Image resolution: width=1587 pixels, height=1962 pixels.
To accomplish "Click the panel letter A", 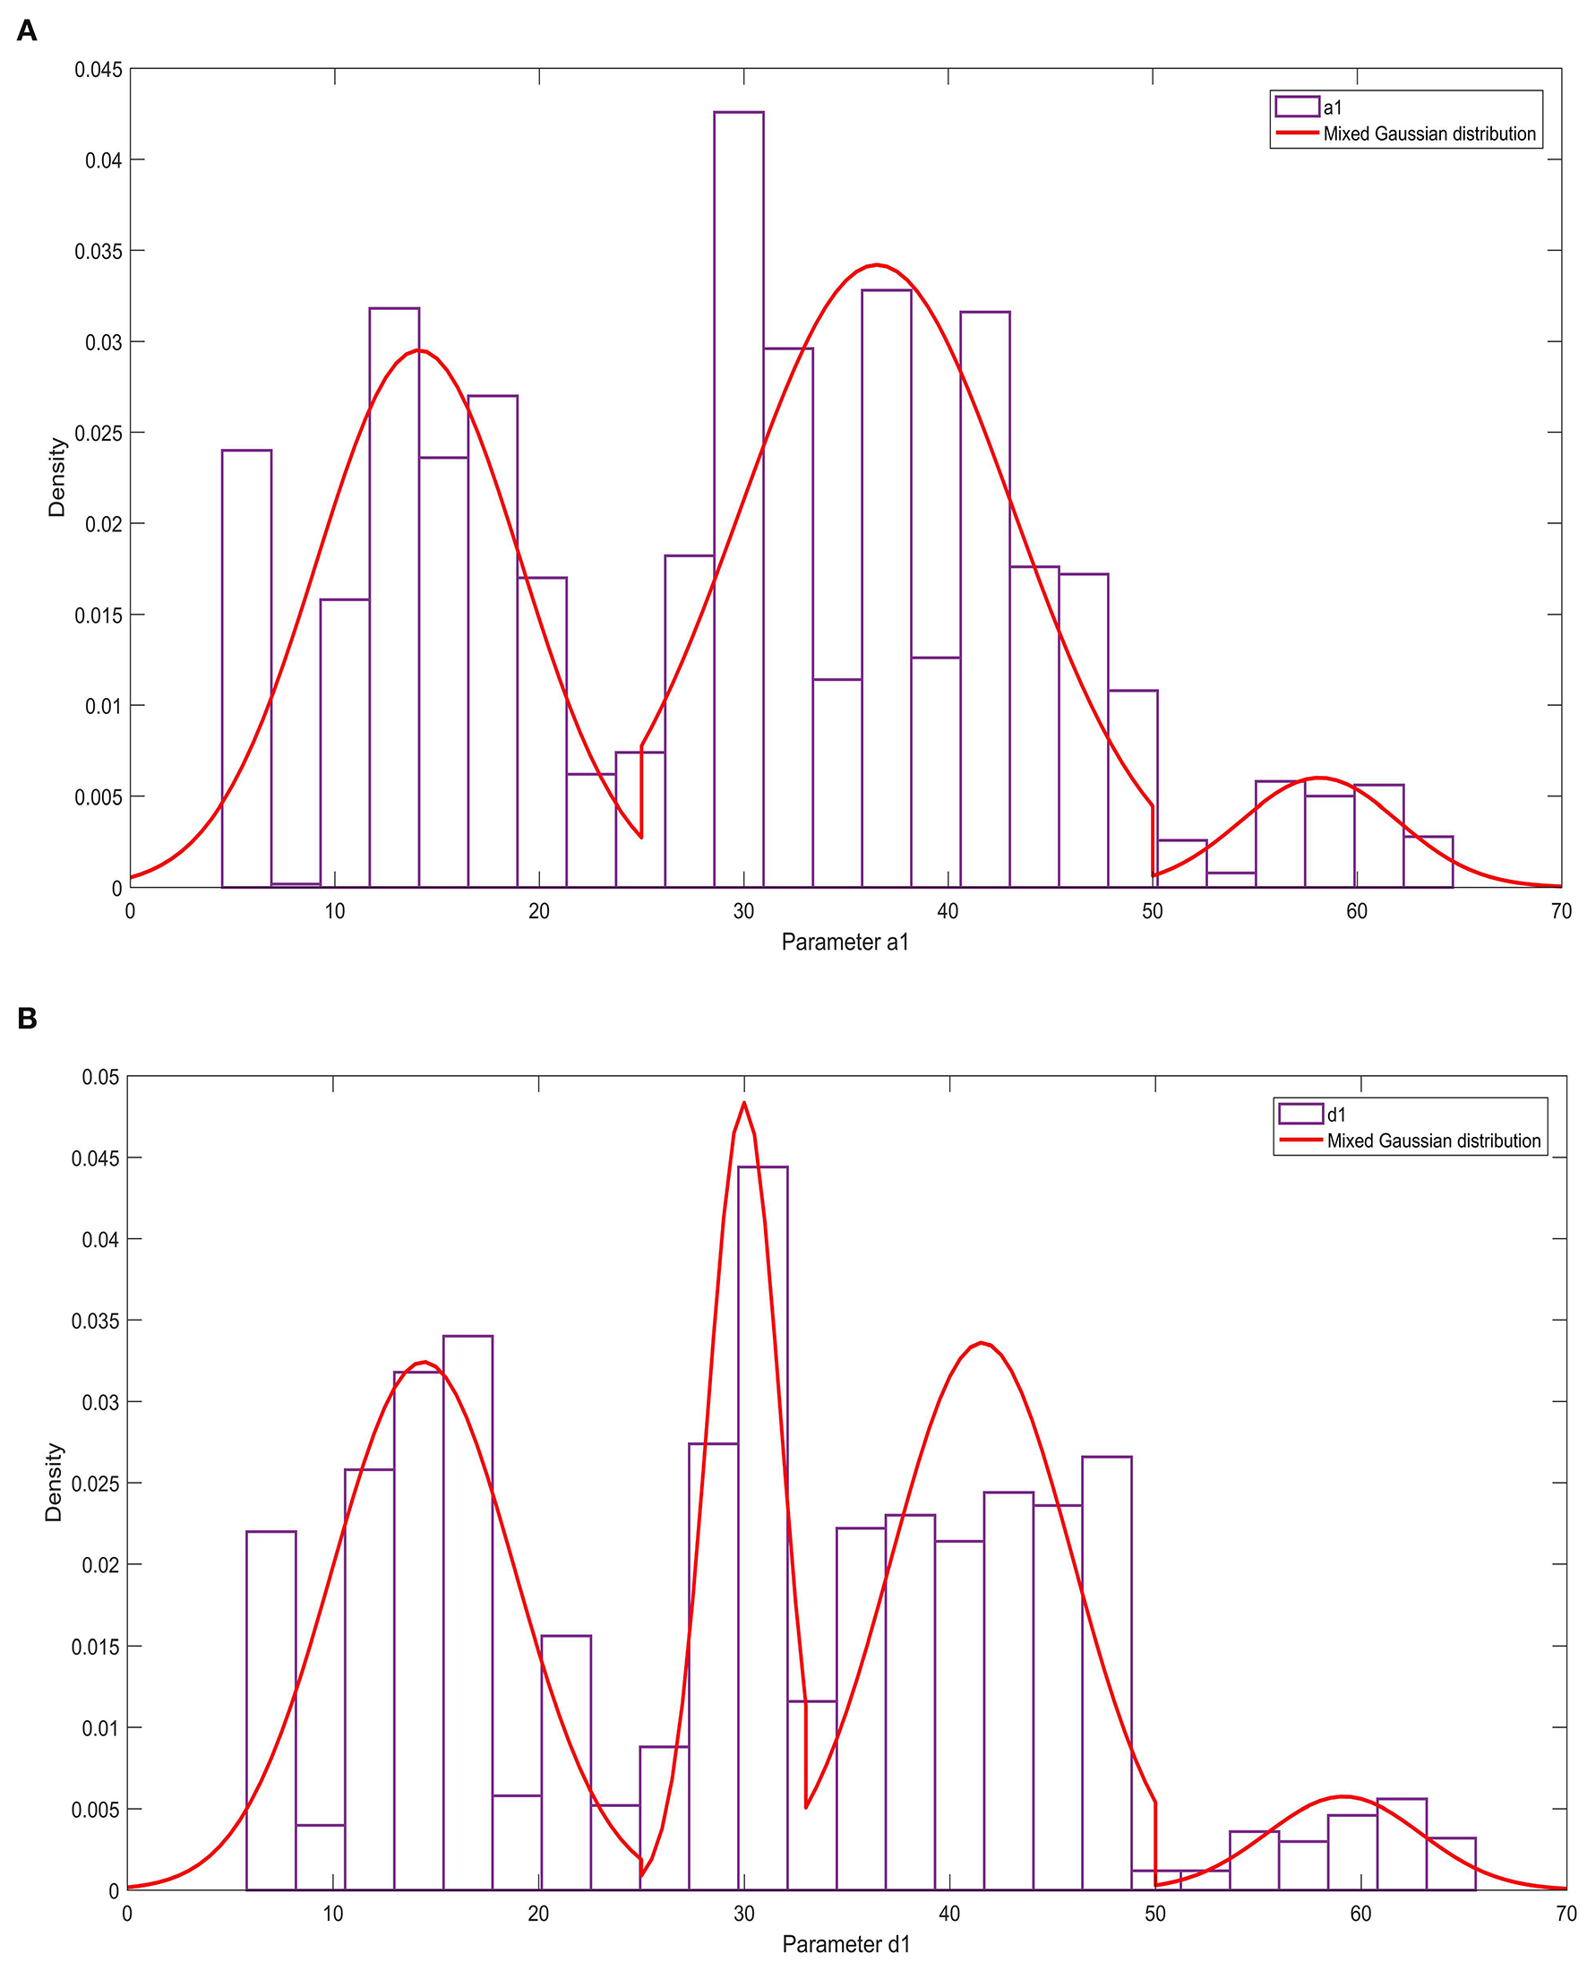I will [x=27, y=31].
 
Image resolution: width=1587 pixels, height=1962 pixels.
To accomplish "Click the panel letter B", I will [x=27, y=1019].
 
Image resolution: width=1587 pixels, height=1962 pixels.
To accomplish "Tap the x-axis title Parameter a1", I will [x=845, y=942].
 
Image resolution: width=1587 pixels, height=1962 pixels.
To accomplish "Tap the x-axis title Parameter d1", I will [x=845, y=1945].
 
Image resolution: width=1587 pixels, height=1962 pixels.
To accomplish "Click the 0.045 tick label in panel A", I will [x=98, y=70].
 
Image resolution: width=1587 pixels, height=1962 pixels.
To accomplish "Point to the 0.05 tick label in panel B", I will [x=100, y=1077].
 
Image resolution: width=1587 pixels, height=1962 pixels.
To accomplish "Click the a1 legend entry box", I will [x=1296, y=107].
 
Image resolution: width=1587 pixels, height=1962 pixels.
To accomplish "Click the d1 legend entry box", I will [x=1300, y=1114].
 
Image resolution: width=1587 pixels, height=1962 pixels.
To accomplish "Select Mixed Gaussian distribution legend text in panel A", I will [x=1428, y=133].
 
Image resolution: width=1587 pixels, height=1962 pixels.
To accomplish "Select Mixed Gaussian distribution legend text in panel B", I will [x=1434, y=1140].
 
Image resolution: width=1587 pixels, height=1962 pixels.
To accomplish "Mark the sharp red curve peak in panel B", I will [x=744, y=1103].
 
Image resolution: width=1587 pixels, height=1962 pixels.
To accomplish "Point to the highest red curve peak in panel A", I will [x=876, y=265].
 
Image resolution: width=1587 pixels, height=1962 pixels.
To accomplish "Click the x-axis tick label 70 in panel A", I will [x=1560, y=911].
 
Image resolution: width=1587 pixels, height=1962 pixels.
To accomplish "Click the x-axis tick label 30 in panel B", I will [x=744, y=1914].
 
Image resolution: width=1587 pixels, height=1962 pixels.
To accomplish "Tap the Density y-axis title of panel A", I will [x=56, y=478].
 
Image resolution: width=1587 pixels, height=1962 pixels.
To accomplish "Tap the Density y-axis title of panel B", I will [x=54, y=1482].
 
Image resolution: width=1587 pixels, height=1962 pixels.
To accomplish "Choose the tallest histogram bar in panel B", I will [x=762, y=1527].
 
